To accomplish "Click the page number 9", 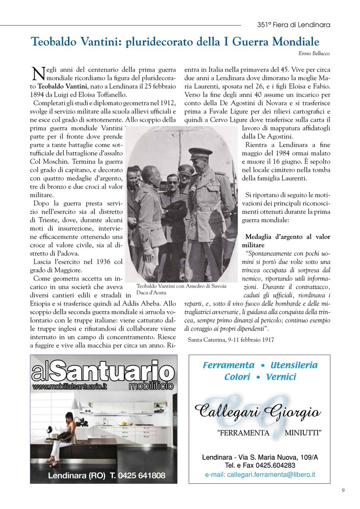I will coord(343,490).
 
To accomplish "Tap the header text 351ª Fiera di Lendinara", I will coord(294,25).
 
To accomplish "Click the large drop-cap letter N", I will coord(37,74).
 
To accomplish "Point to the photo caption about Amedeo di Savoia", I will coord(181,289).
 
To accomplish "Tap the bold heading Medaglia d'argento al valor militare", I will coord(288,240).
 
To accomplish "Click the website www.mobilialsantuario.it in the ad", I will coord(70,387).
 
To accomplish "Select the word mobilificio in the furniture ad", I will coord(151,386).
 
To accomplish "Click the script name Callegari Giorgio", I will coord(257,411).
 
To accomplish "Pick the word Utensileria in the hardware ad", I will coord(294,365).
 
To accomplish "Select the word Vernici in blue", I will coord(281,377).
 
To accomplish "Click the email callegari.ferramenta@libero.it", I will coord(260,475).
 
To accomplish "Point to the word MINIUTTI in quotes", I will coord(303,433).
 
